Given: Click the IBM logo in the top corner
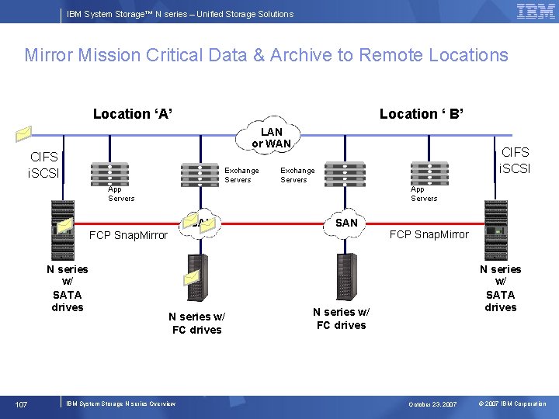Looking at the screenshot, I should (536, 12).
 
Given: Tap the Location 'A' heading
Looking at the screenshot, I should (133, 114).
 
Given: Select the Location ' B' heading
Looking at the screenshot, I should (422, 114).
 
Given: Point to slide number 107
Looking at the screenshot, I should (22, 403).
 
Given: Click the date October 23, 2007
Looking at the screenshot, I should (433, 404).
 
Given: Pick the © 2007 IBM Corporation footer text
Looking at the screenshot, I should (512, 404).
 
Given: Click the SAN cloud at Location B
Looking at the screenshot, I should (346, 223).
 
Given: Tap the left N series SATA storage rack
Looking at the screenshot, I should (62, 230).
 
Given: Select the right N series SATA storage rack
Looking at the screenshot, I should (495, 230).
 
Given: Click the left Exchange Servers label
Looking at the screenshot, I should (241, 175).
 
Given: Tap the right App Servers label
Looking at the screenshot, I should (424, 193).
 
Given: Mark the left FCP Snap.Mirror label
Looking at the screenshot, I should (128, 235).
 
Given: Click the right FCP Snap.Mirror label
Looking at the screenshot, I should (429, 234).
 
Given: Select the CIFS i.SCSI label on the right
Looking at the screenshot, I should (515, 161).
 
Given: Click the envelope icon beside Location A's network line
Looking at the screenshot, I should (25, 133).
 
